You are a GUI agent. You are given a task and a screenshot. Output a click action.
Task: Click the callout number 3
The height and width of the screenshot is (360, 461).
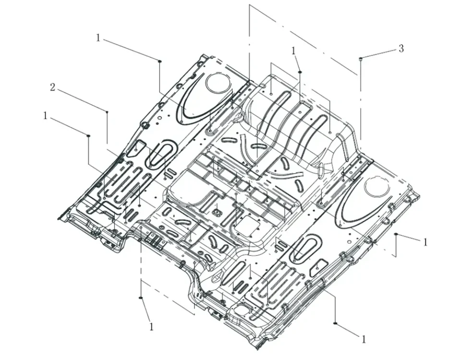[x=401, y=48]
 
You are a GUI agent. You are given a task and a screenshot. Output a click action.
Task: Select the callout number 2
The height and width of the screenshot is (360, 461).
[x=53, y=87]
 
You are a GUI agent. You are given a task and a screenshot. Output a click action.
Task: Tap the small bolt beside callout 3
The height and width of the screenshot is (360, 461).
[x=360, y=59]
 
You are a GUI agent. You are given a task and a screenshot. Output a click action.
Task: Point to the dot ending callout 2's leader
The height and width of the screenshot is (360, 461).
[x=107, y=112]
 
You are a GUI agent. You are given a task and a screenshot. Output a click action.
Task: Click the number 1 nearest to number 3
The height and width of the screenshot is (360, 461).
[x=293, y=50]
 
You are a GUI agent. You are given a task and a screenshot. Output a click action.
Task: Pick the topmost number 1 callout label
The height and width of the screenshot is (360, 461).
[x=98, y=37]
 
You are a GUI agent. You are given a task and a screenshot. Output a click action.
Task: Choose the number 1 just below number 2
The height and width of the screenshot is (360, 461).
[x=46, y=116]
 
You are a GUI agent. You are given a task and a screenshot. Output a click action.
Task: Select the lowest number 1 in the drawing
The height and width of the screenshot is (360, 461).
[x=364, y=339]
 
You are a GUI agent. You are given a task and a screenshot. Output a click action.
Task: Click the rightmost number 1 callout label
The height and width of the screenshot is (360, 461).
[x=425, y=242]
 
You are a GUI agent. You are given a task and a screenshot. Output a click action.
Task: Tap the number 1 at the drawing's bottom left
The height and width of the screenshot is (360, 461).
[x=151, y=327]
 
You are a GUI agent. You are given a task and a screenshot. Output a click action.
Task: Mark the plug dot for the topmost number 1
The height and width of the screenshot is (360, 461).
[x=160, y=60]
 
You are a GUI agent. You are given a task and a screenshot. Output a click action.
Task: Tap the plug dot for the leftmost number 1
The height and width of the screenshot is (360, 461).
[x=88, y=136]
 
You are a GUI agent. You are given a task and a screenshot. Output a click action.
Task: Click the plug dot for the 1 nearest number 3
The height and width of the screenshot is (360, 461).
[x=300, y=72]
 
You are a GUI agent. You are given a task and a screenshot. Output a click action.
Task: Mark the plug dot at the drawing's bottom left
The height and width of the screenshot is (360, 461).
[x=141, y=298]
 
